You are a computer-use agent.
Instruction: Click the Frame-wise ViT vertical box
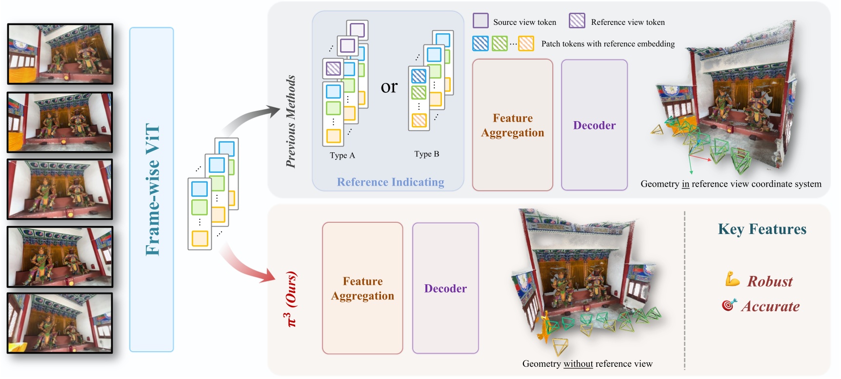coord(152,189)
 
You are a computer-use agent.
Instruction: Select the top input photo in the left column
coord(60,54)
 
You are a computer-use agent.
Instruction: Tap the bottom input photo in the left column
coord(60,323)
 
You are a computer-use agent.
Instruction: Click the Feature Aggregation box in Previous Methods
coord(512,125)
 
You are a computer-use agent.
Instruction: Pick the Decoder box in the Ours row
coord(445,288)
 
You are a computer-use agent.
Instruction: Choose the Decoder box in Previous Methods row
coord(594,125)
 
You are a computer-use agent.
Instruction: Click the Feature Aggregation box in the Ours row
coord(362,288)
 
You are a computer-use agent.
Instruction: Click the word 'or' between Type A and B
coord(389,86)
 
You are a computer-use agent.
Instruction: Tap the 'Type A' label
coord(342,155)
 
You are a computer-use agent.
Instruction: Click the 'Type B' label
coord(426,154)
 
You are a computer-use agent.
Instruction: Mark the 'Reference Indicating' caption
coord(390,182)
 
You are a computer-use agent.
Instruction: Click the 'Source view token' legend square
coord(481,21)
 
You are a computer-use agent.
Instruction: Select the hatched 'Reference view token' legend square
coord(577,21)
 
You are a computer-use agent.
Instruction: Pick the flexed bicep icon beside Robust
coord(732,279)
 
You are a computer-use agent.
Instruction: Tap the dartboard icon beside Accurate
coord(729,305)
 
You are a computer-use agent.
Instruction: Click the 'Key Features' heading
coord(762,229)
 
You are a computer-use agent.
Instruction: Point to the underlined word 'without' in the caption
coord(578,364)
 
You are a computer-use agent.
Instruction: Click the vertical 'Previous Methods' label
coord(291,122)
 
